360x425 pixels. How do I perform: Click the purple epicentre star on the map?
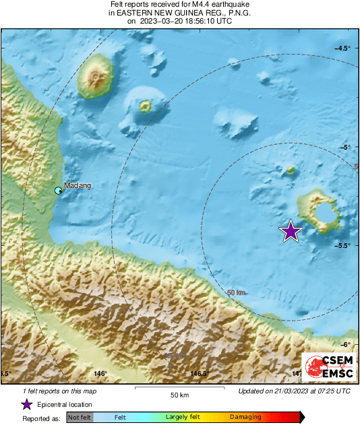(291, 231)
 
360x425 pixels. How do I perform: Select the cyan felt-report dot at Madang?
(59, 191)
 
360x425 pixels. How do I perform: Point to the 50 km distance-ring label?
(236, 292)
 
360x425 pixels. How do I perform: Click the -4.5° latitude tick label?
(342, 48)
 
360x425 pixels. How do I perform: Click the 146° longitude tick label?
(101, 373)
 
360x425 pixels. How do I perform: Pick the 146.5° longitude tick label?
(198, 373)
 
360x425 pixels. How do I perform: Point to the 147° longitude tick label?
(297, 373)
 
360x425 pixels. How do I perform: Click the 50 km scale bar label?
(179, 395)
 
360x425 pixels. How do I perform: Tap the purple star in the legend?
(26, 404)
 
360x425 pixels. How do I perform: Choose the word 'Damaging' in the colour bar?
(245, 418)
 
